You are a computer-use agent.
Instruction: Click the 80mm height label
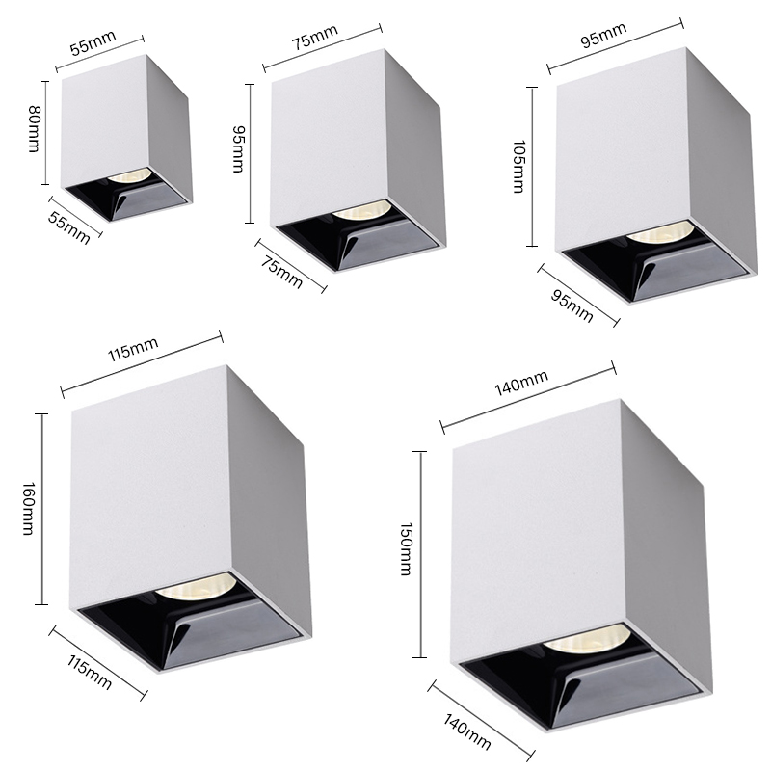pos(33,129)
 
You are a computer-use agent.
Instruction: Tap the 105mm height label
pos(518,167)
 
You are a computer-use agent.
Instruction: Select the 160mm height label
pos(29,509)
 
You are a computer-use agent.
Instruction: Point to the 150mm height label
pos(405,549)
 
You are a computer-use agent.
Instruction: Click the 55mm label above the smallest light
pos(93,42)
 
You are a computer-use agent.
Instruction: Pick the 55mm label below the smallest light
pos(69,228)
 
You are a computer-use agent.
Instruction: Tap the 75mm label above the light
pos(315,38)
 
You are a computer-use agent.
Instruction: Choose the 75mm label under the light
pos(281,272)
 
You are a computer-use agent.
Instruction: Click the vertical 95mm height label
pos(238,149)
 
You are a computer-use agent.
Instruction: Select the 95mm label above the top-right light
pos(603,36)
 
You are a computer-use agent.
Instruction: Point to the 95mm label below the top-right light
pos(572,306)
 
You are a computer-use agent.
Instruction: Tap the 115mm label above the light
pos(133,350)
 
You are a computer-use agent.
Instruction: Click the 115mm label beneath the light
pos(89,672)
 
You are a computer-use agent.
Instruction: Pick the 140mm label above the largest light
pos(521,383)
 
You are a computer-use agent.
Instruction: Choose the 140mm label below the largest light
pos(467,732)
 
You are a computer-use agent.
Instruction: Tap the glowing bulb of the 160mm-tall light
pos(196,586)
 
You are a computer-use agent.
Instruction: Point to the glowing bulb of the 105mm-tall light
pos(660,232)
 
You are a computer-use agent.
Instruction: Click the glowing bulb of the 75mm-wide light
pos(362,210)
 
